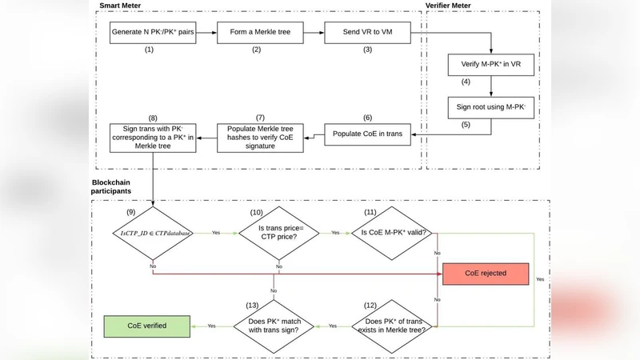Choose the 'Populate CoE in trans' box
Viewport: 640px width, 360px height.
(x=367, y=134)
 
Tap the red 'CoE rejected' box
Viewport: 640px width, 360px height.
(x=486, y=274)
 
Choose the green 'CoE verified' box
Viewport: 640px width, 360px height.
(x=146, y=326)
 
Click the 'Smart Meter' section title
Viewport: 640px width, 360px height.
(x=119, y=6)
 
